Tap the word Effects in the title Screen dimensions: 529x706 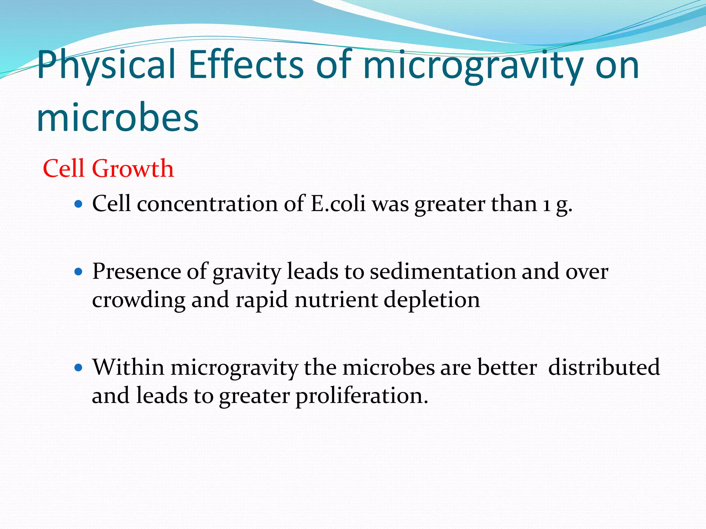point(246,65)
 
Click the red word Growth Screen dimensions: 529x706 point(133,168)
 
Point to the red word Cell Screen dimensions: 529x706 point(63,168)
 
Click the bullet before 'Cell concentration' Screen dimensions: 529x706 point(79,204)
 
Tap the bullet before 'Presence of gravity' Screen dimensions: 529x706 point(79,272)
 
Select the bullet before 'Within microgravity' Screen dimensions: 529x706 point(79,367)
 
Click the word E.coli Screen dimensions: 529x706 point(338,204)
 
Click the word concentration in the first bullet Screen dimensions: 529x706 point(207,204)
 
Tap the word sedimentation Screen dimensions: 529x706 point(443,272)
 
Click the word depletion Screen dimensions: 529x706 point(432,300)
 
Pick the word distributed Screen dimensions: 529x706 point(604,367)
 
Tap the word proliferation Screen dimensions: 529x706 point(362,396)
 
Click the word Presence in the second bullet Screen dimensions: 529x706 point(137,272)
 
